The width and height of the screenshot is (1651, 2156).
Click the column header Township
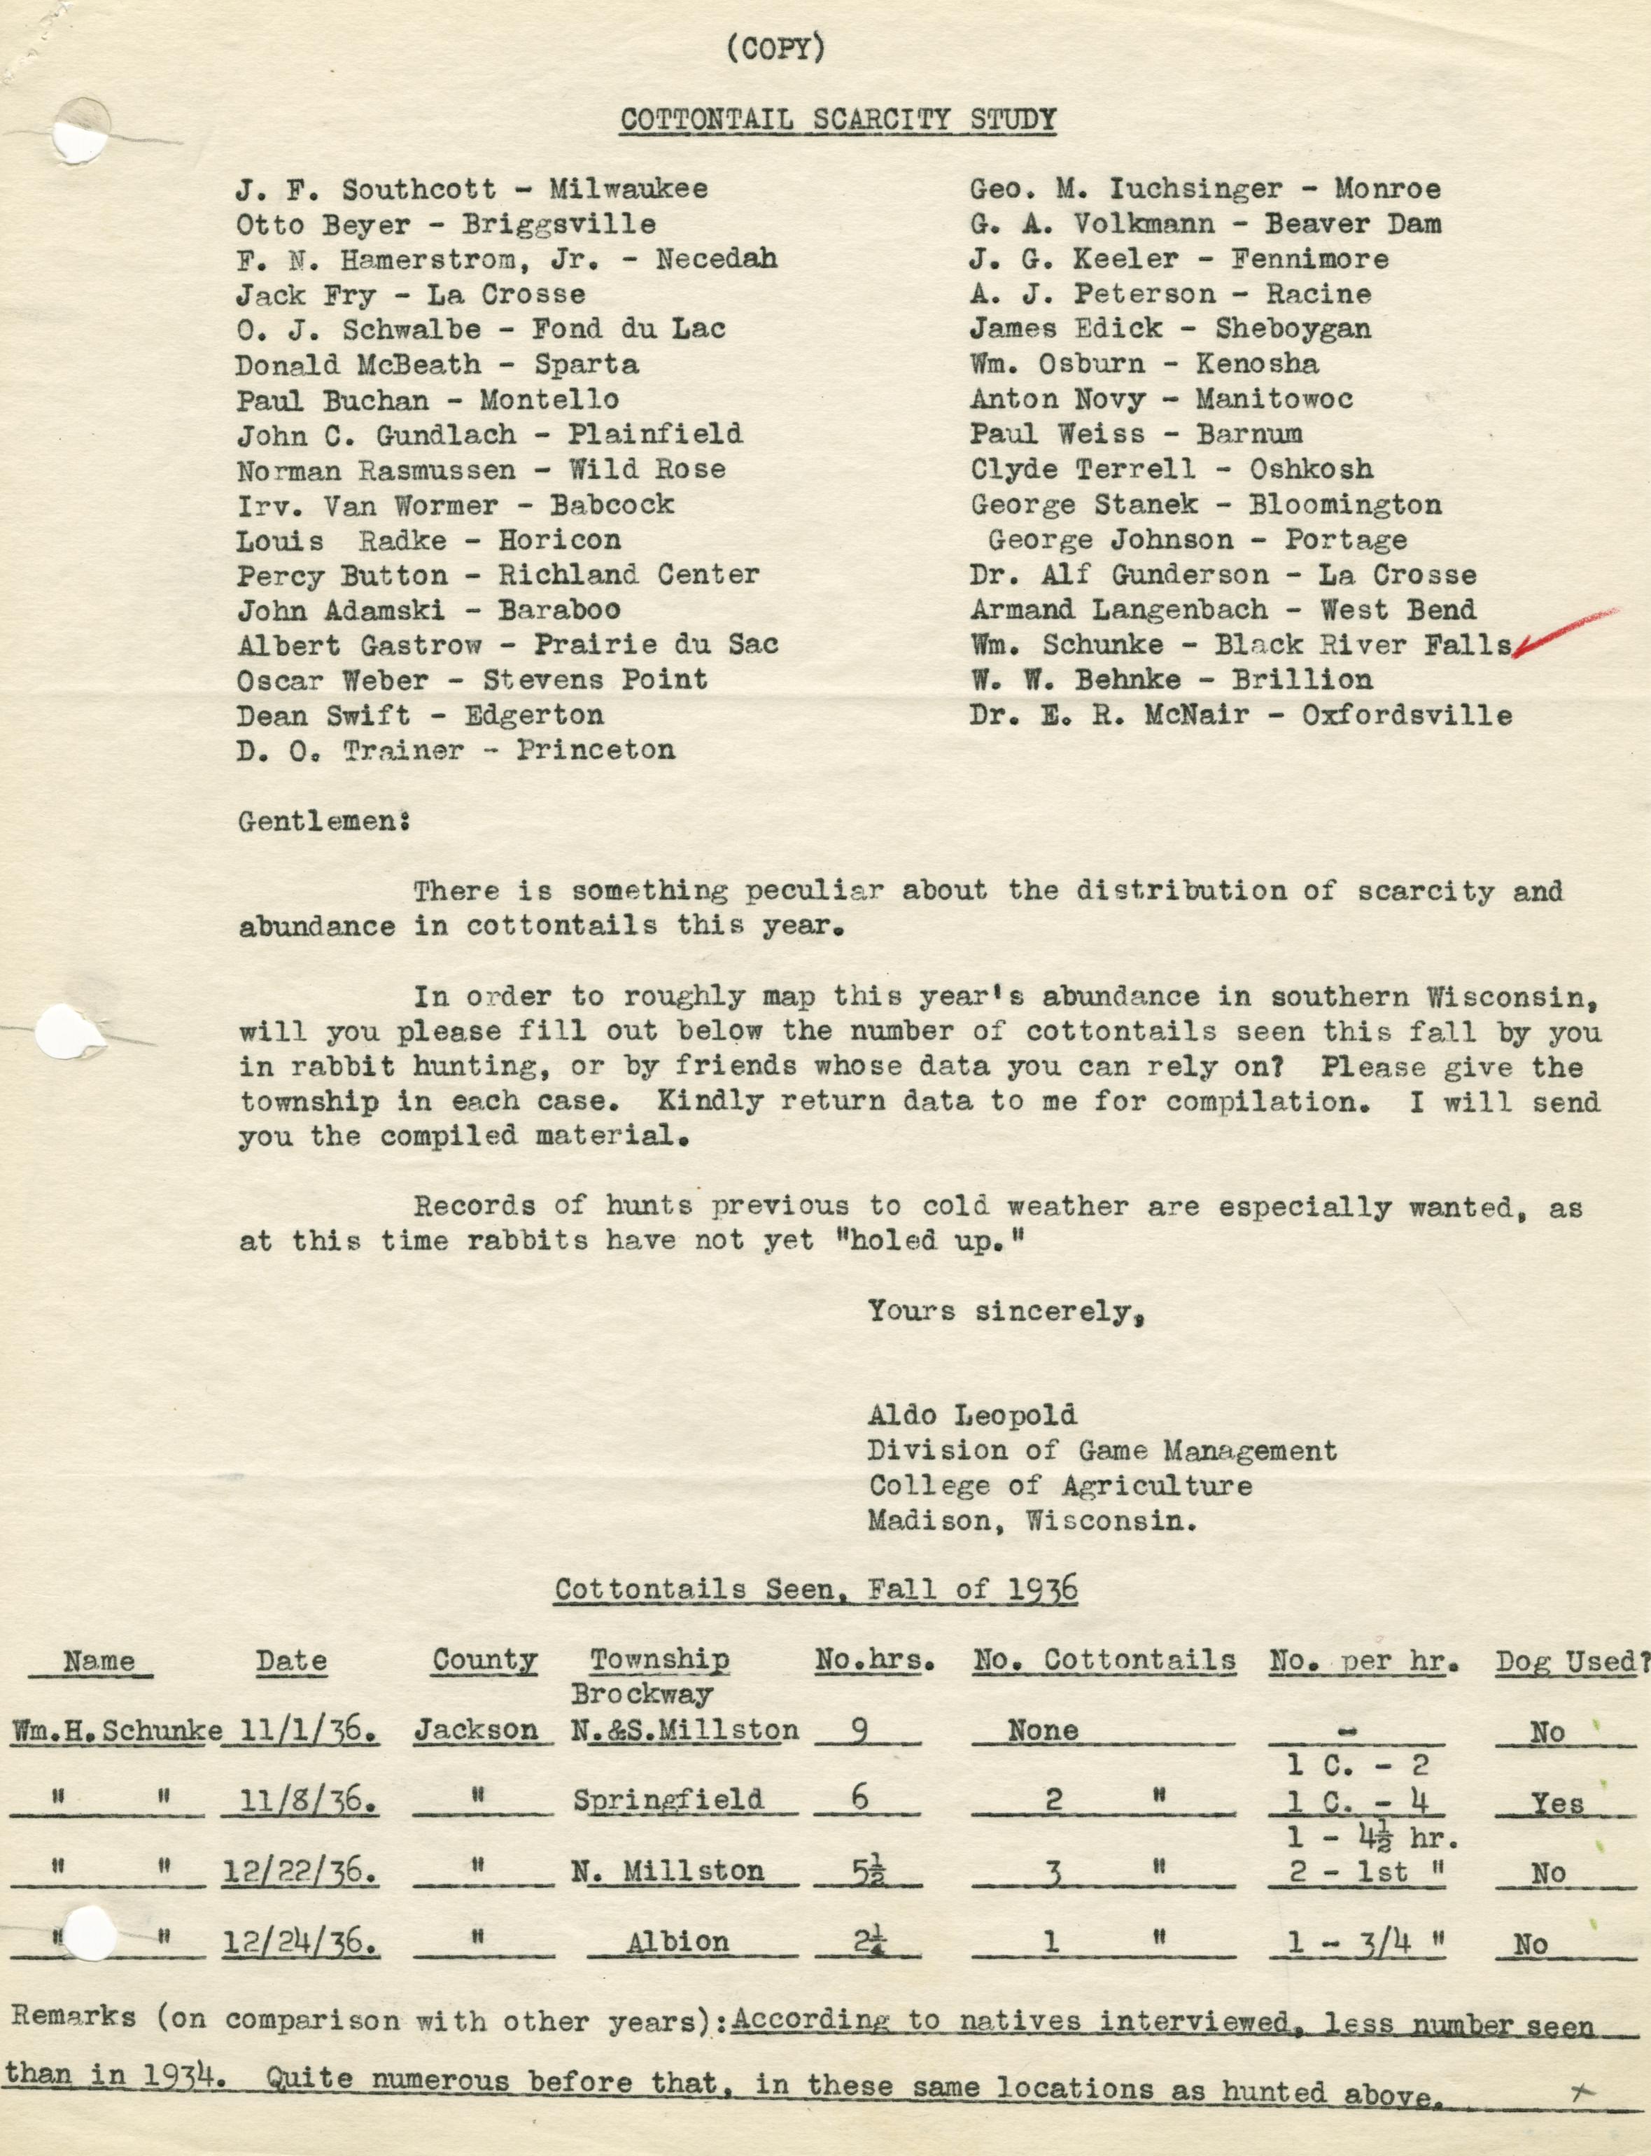click(659, 1660)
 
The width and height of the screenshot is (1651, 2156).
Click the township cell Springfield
click(668, 1800)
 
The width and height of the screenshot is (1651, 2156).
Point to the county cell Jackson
click(476, 1730)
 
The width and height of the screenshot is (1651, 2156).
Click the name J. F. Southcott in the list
click(365, 189)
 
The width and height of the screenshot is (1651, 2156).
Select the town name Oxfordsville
click(1407, 715)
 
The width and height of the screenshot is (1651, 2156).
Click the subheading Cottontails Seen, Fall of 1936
click(815, 1589)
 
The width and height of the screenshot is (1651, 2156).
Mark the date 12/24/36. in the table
click(300, 1942)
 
